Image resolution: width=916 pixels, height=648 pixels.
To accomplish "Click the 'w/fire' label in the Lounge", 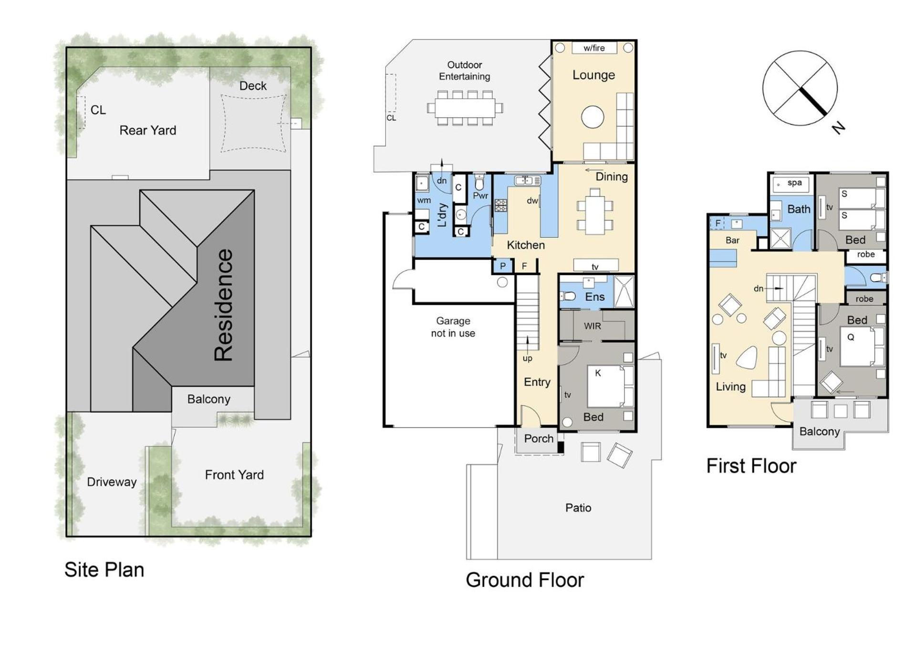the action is (x=594, y=48).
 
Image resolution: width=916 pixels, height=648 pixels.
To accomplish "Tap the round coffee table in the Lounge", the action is (x=593, y=117).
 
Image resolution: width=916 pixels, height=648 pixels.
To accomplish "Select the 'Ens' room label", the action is (x=595, y=297).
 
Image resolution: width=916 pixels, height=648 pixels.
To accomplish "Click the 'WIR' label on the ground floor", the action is (x=593, y=326).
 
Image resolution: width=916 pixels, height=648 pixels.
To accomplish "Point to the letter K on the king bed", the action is (x=598, y=373).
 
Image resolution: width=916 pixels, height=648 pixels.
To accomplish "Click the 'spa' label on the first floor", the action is (x=794, y=183).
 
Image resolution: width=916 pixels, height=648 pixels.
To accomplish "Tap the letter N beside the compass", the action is (x=838, y=128).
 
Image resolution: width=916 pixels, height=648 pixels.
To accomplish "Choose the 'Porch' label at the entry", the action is (x=539, y=438).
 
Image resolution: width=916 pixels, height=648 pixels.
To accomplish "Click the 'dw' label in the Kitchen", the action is (x=532, y=201).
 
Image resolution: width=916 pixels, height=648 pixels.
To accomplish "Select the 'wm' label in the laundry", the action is (x=424, y=201).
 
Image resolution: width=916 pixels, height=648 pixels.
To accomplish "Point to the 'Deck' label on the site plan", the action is (x=253, y=86).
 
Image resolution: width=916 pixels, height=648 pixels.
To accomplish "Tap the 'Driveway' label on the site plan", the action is (x=112, y=482).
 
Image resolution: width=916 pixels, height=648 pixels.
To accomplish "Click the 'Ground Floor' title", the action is (x=525, y=580).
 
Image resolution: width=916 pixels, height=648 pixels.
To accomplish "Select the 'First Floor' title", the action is (x=751, y=466).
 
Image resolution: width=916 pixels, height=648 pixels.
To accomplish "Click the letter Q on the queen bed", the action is (x=851, y=337).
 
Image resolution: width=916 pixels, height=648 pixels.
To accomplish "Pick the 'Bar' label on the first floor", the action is (x=732, y=240).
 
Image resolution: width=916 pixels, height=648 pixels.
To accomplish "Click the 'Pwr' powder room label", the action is (x=480, y=196).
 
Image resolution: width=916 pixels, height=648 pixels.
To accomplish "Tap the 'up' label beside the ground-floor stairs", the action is (x=527, y=359).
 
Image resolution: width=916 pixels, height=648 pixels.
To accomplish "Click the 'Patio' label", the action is (x=578, y=508).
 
